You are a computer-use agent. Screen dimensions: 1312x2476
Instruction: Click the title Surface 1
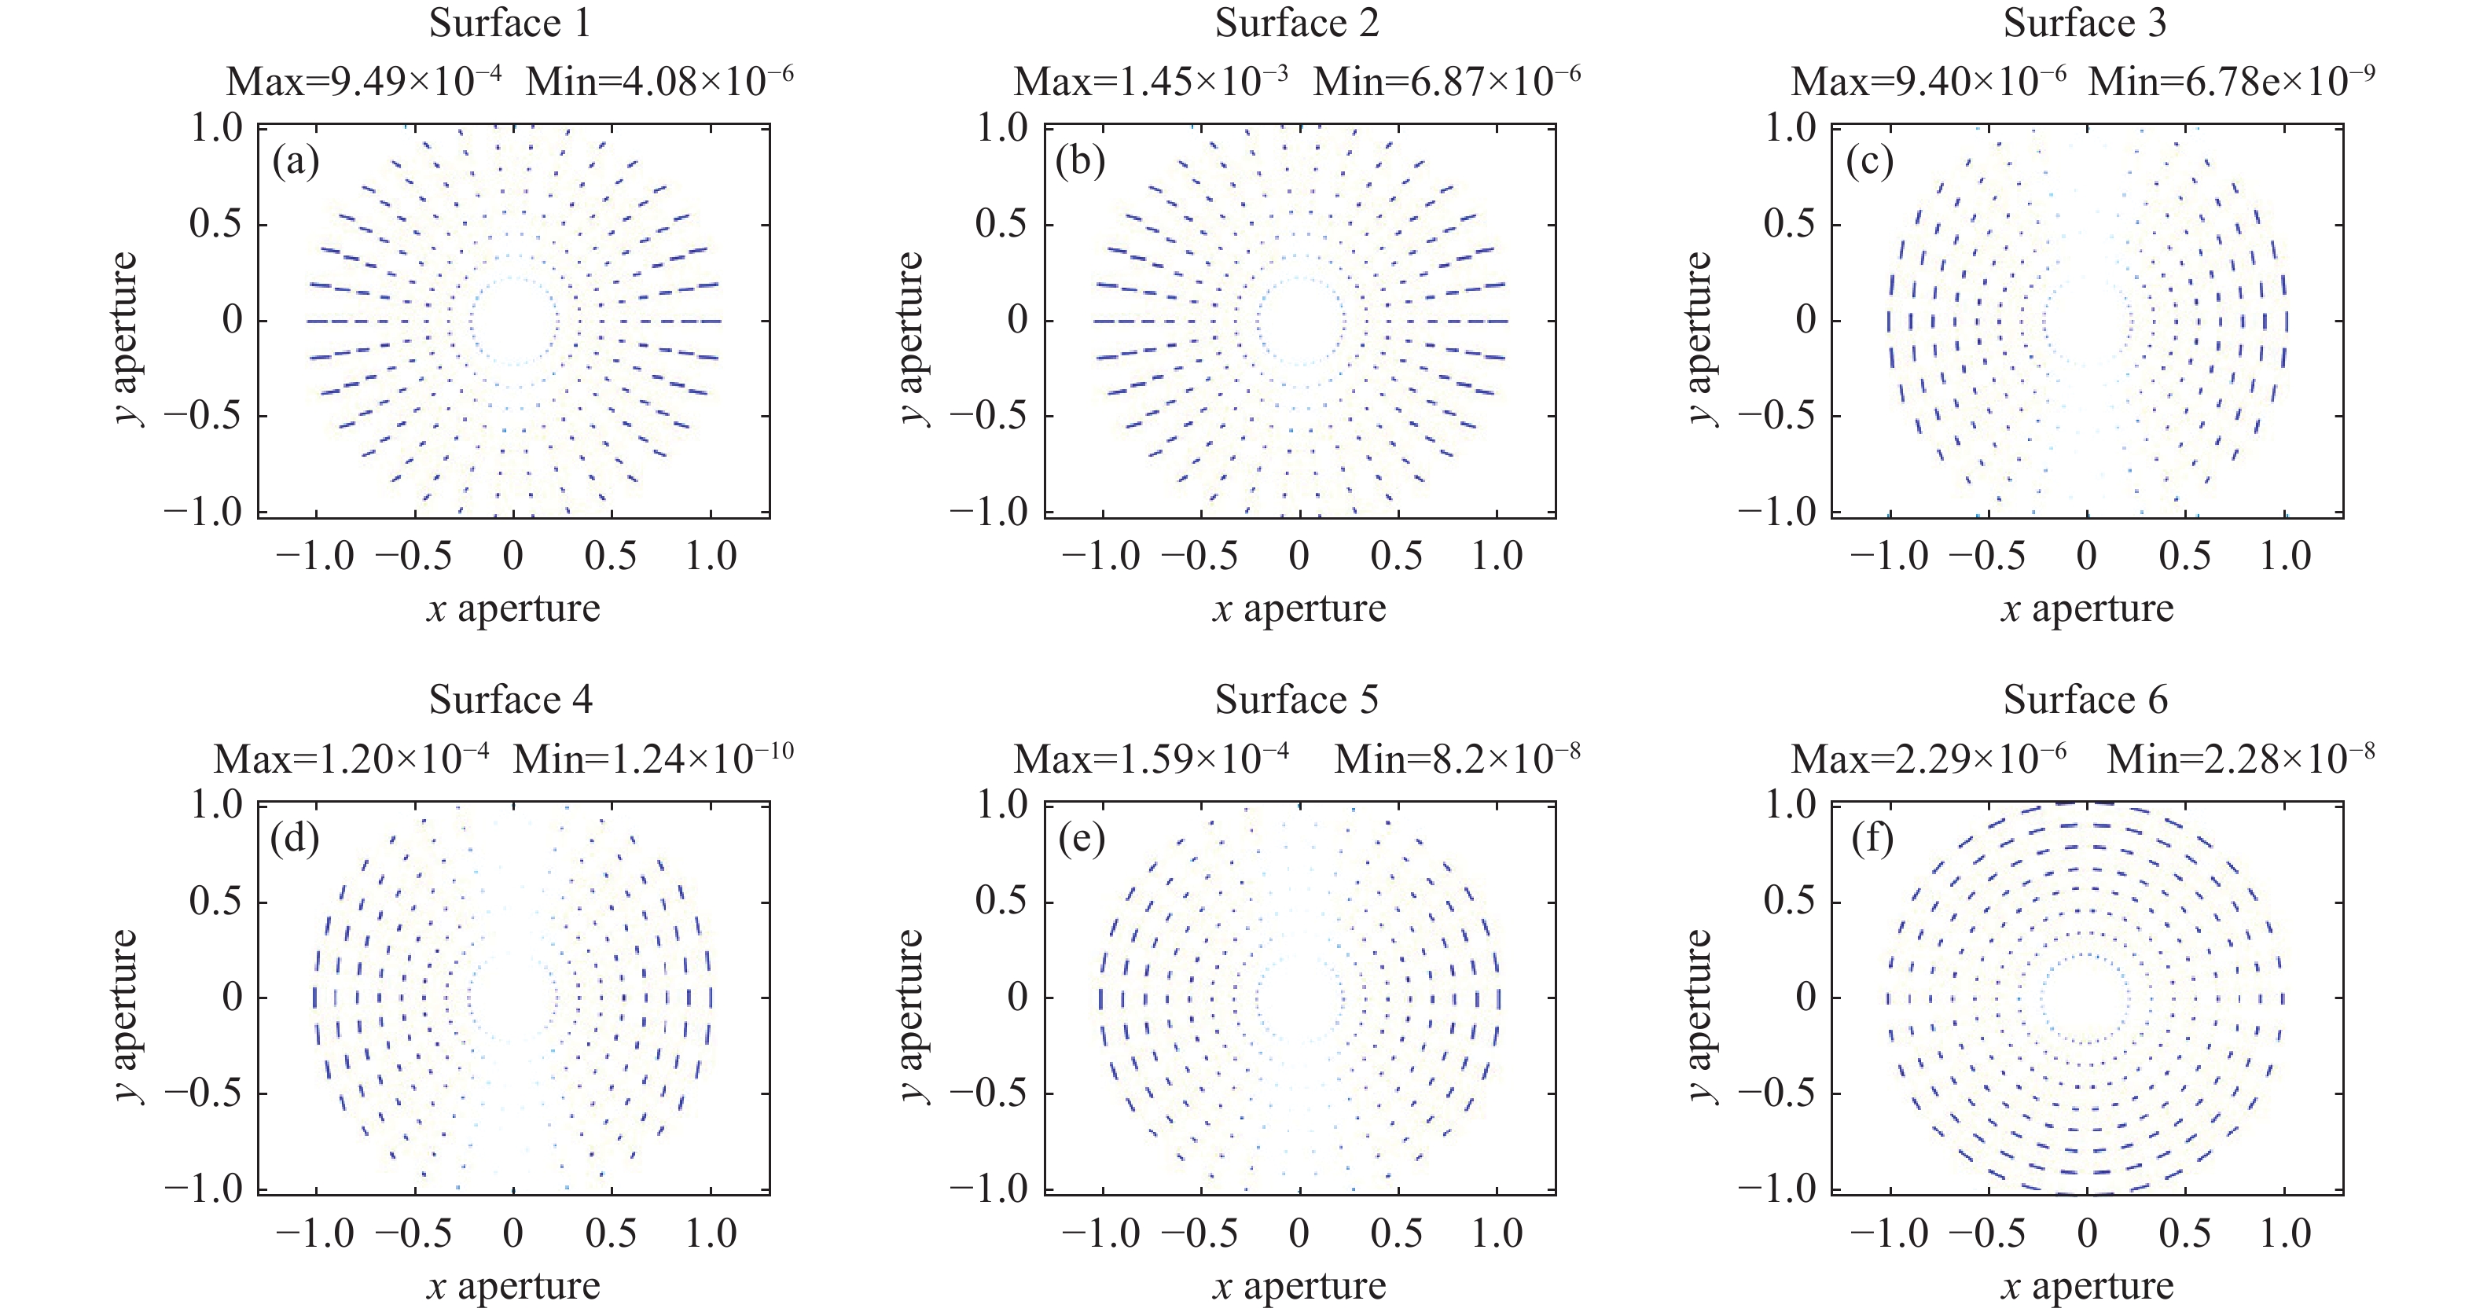point(509,24)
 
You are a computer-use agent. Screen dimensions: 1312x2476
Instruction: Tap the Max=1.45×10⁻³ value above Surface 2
point(1151,83)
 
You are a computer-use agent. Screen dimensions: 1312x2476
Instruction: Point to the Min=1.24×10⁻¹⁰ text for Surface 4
point(654,759)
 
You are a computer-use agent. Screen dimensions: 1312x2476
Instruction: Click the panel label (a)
point(295,161)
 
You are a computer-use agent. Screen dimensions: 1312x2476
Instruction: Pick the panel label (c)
point(1869,161)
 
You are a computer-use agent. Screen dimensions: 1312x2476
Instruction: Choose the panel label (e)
point(1082,839)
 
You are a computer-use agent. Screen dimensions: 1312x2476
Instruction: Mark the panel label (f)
point(1872,839)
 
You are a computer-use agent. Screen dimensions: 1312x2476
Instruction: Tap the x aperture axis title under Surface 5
point(1299,1286)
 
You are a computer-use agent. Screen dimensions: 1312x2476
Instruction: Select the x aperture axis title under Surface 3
point(2087,608)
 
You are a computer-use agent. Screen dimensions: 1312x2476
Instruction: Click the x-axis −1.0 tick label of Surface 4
point(315,1233)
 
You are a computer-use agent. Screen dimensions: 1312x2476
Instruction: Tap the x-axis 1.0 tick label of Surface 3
point(2285,557)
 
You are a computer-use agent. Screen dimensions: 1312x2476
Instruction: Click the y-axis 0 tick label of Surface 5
point(1017,998)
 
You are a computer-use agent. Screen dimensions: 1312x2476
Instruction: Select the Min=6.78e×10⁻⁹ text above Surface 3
point(2231,83)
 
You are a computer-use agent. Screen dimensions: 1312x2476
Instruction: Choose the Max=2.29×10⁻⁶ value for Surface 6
point(1928,759)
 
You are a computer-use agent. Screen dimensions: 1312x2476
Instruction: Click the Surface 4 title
point(510,700)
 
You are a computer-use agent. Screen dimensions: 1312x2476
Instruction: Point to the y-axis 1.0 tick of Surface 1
point(216,128)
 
